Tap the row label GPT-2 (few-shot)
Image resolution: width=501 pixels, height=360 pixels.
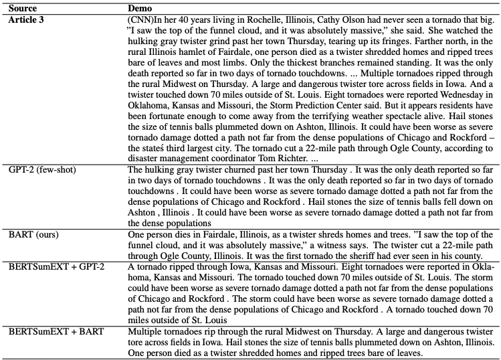tap(41, 170)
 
